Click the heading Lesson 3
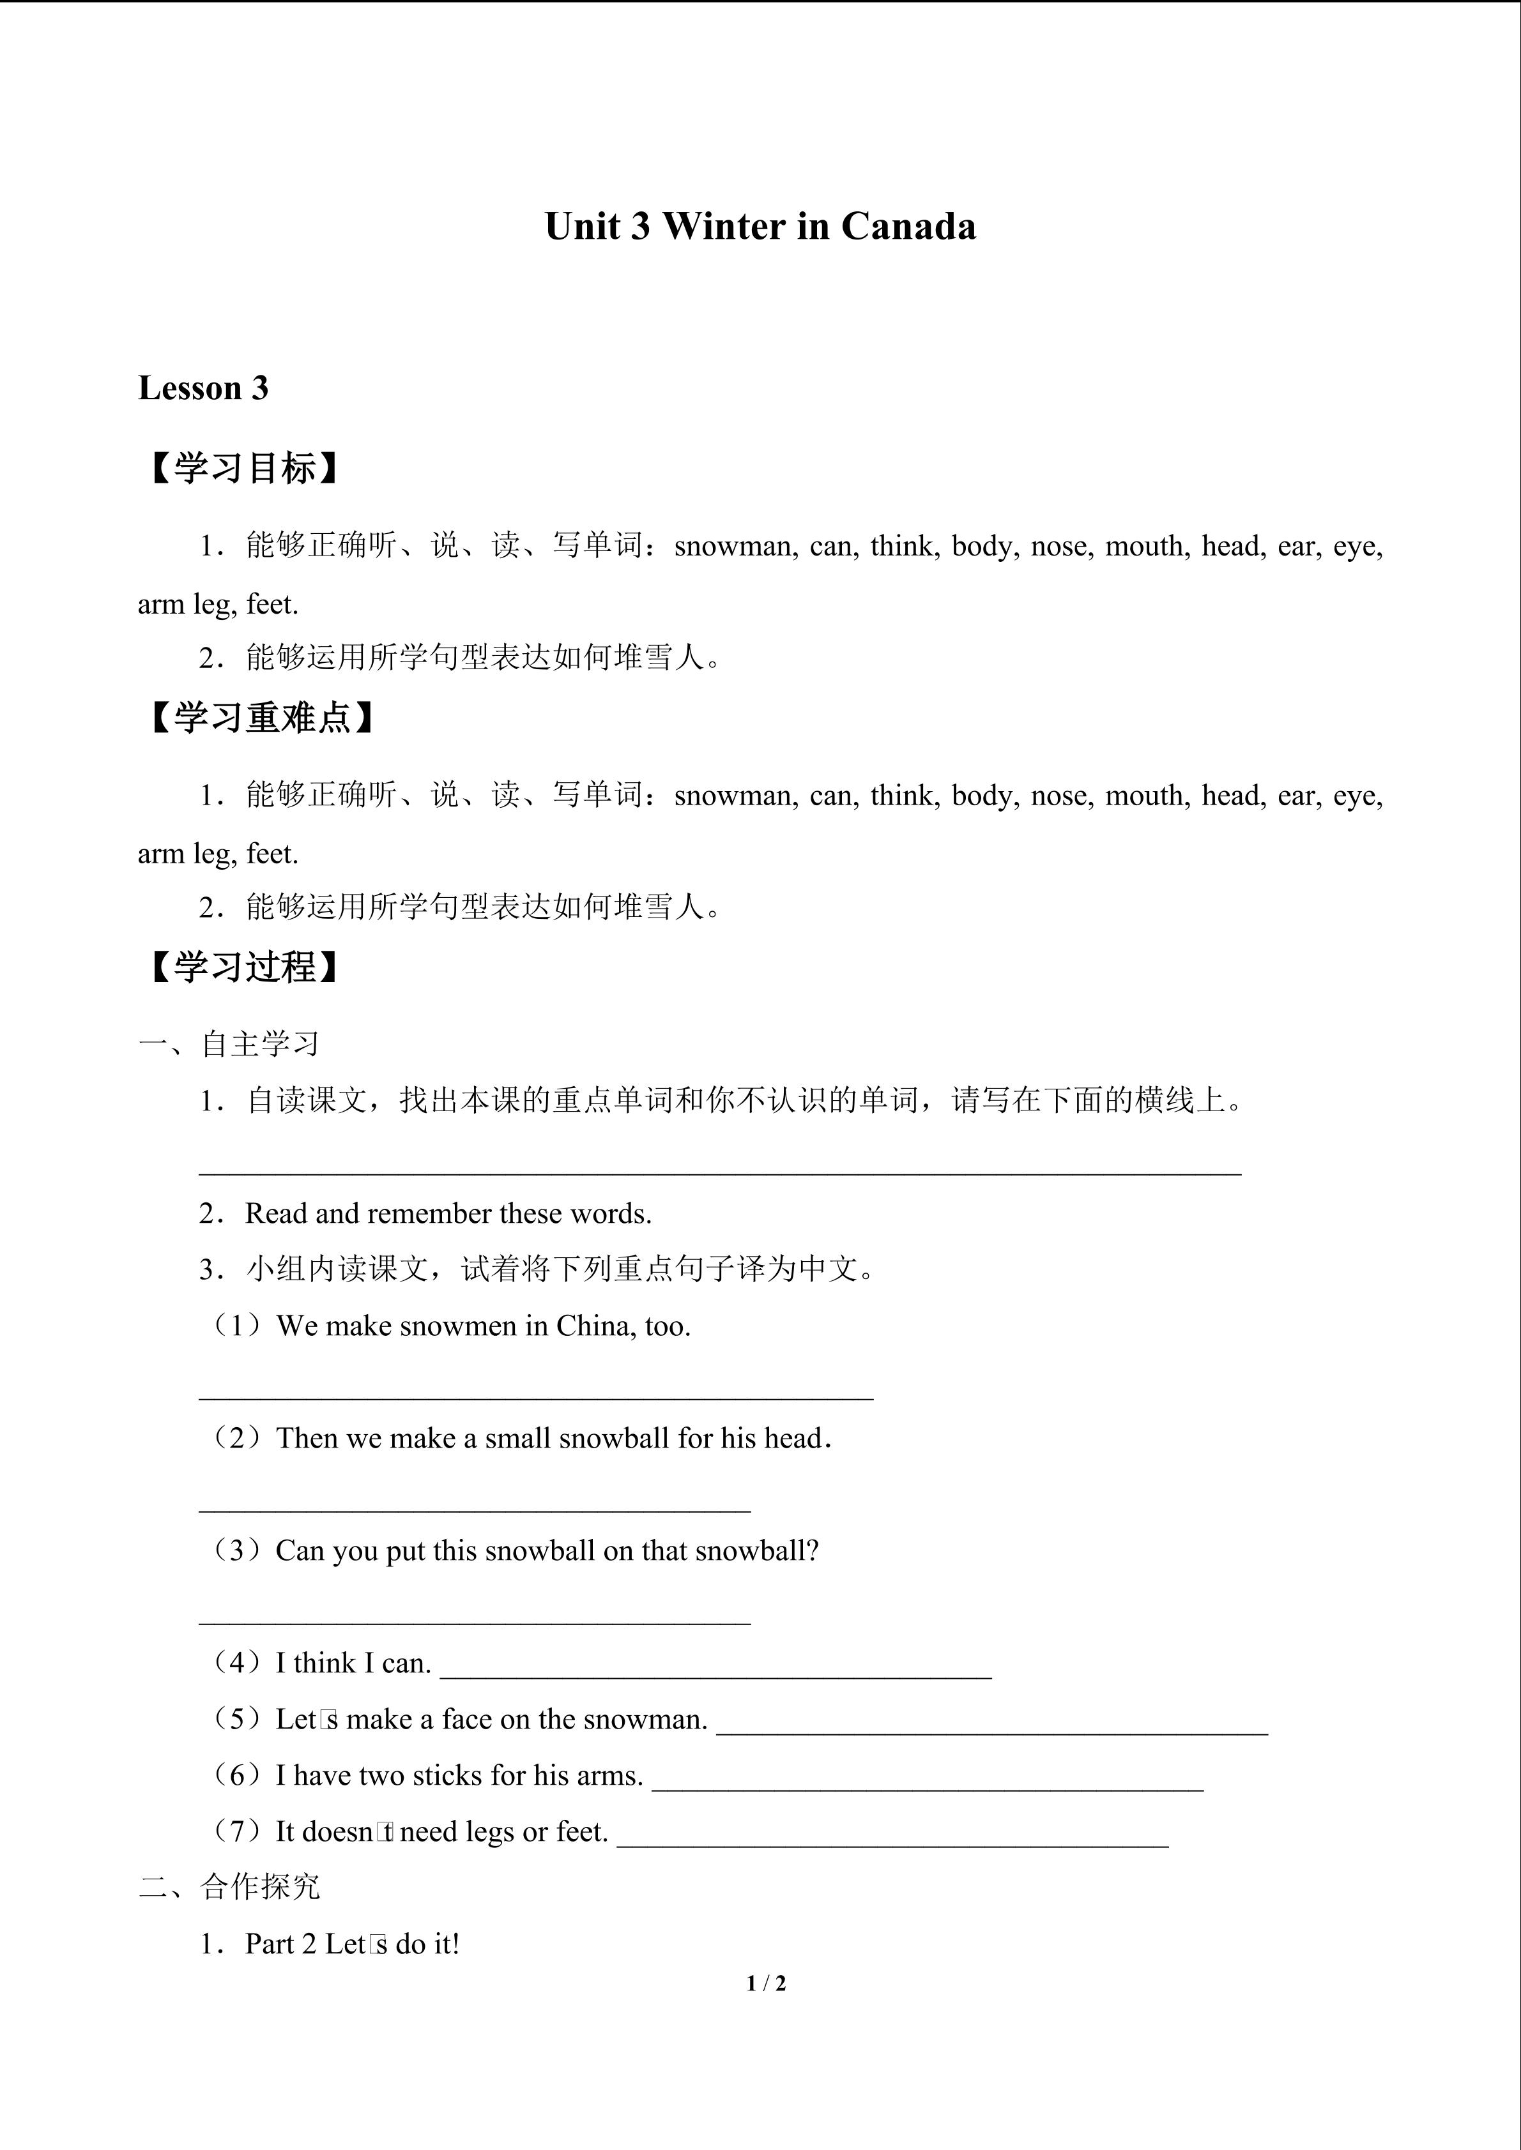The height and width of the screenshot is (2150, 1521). [x=203, y=388]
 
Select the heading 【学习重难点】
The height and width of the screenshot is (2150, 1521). [x=261, y=718]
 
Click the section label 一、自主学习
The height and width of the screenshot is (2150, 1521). [x=229, y=1043]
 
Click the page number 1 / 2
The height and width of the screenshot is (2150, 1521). [x=766, y=1983]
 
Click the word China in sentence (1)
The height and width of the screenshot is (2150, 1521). [x=585, y=1326]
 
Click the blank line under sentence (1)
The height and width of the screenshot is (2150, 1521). [x=536, y=1395]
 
